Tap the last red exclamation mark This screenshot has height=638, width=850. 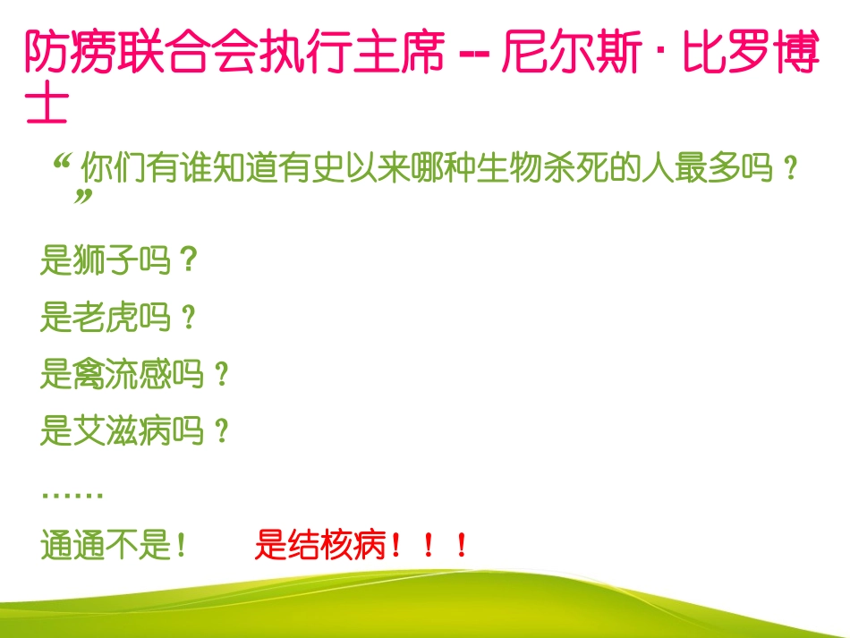462,545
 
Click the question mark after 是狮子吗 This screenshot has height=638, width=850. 187,261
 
